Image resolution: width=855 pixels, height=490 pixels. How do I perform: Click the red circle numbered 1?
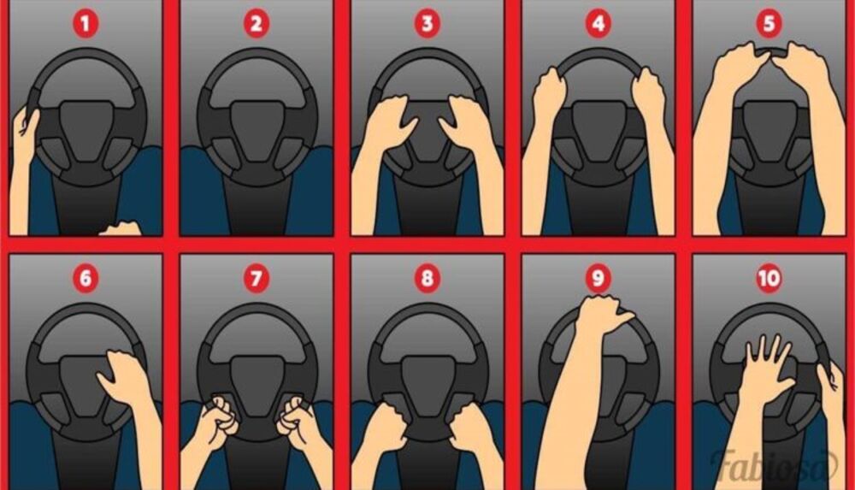coord(85,24)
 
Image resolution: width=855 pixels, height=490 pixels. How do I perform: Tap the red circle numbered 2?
coord(256,24)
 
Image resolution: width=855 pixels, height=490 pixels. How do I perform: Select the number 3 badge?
coord(427,24)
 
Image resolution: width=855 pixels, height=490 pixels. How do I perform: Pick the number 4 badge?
coord(598,24)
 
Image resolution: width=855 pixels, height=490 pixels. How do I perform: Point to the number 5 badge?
coord(769,24)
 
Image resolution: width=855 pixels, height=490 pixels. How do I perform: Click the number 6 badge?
coord(85,278)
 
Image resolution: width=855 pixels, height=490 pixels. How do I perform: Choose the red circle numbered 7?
coord(256,278)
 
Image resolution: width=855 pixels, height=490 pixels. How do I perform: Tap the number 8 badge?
coord(427,278)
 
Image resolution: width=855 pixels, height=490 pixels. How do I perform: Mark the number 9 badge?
coord(598,278)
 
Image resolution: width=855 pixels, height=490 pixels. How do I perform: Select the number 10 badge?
coord(769,278)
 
